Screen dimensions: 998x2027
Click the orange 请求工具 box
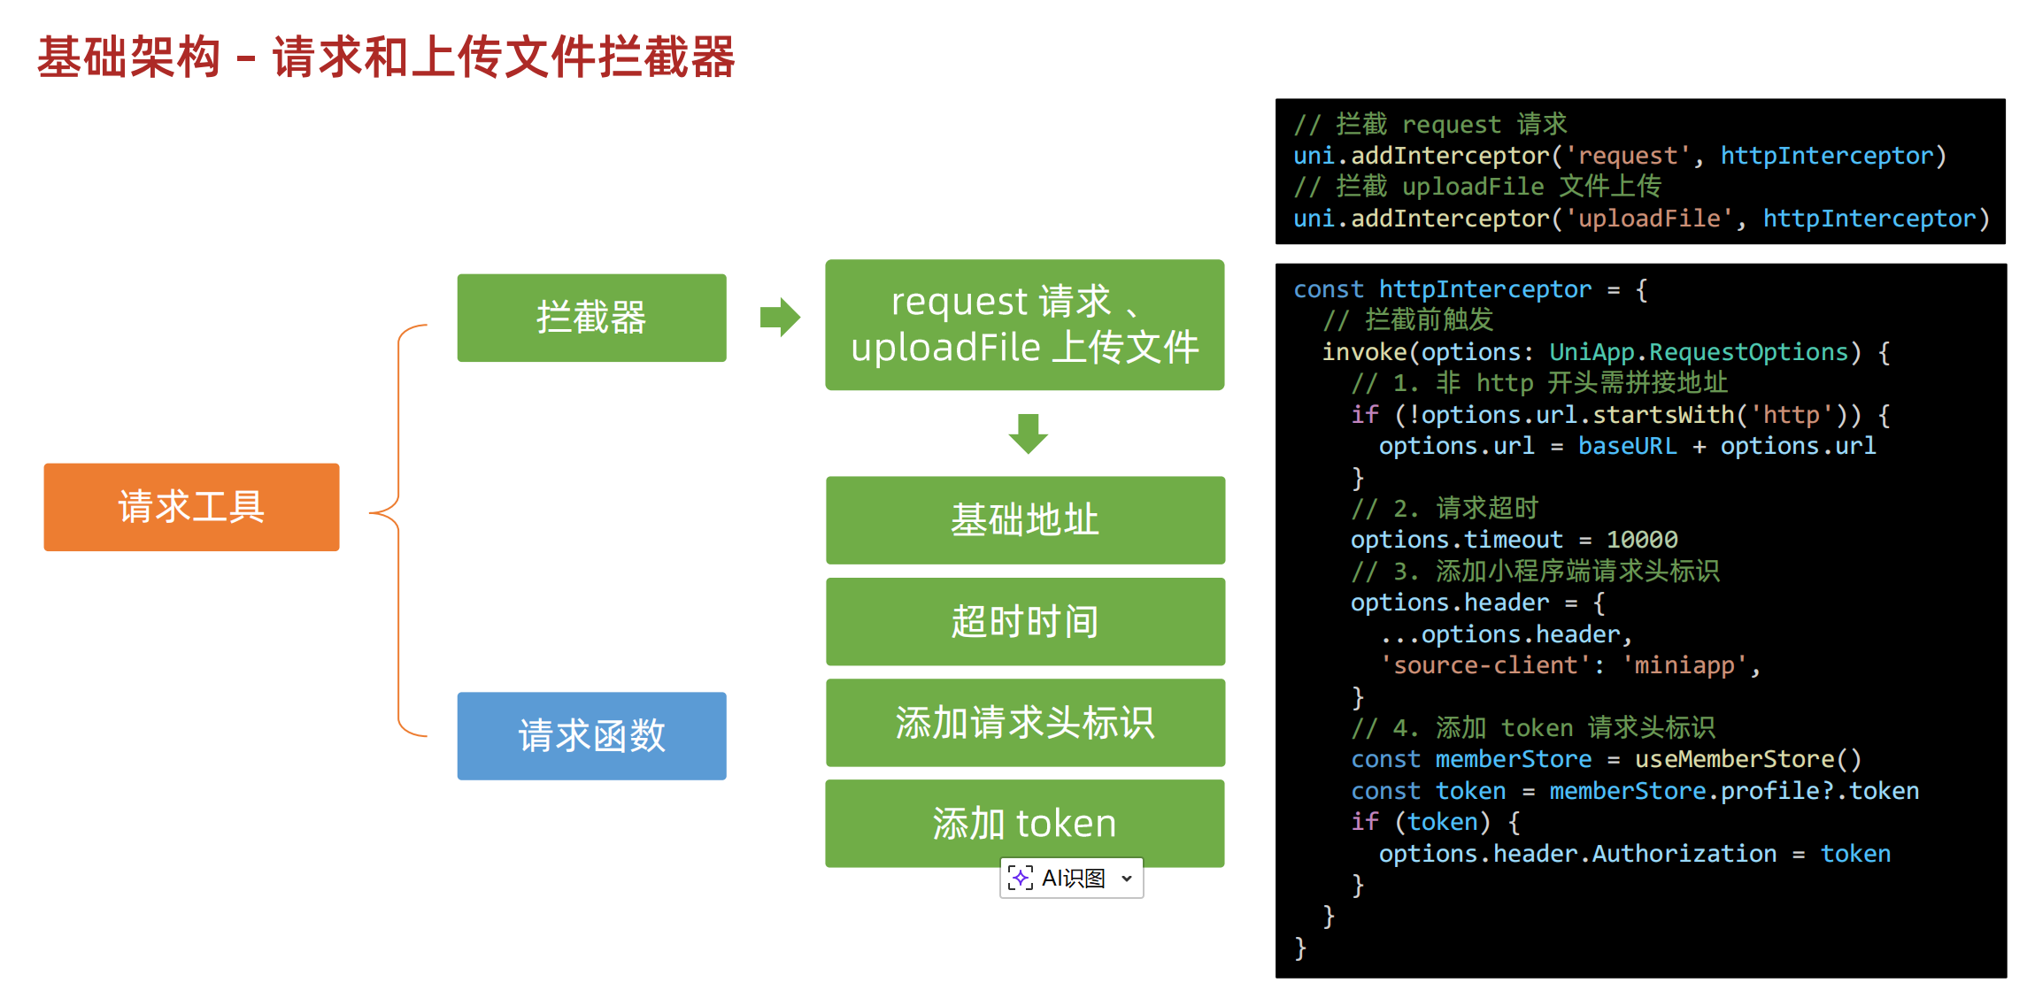(x=191, y=507)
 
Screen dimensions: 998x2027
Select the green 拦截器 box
(x=591, y=318)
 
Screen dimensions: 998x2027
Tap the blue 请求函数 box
(x=591, y=735)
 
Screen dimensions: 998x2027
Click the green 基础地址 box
(x=1025, y=520)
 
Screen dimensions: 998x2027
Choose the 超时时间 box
(x=1025, y=621)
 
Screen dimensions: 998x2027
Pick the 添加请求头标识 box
(x=1025, y=722)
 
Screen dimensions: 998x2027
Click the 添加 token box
(x=1025, y=823)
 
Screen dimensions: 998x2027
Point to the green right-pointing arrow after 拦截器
(x=780, y=318)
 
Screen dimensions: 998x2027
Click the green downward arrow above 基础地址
(x=1028, y=434)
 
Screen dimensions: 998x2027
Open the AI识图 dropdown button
(x=1071, y=878)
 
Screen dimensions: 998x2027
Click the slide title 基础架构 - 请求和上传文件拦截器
(x=386, y=58)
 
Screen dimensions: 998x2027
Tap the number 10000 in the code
(x=1642, y=540)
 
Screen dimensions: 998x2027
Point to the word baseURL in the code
(x=1627, y=446)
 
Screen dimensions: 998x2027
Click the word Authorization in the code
(x=1684, y=854)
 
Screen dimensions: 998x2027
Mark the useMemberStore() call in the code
(x=1747, y=759)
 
